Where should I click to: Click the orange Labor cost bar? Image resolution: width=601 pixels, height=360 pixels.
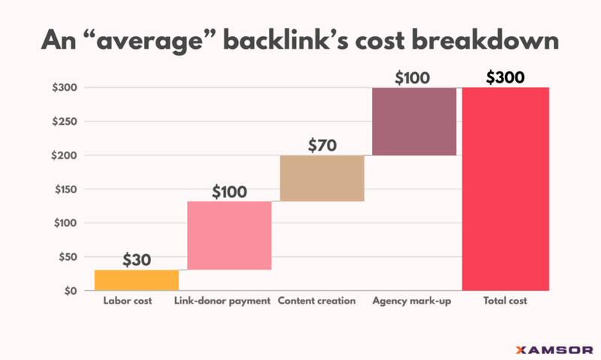point(137,280)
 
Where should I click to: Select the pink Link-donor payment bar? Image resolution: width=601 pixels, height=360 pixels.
point(229,235)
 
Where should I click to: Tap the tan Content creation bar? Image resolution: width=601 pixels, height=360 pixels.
point(322,178)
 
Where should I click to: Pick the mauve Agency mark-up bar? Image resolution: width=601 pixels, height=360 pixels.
point(414,121)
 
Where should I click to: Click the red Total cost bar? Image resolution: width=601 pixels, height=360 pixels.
point(506,189)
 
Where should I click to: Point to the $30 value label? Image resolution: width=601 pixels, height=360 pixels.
point(137,260)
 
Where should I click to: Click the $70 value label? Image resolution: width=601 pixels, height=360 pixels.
point(322,146)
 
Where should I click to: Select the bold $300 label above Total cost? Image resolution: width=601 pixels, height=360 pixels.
point(506,77)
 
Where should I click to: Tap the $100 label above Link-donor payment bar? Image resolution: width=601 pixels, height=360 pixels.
point(229,192)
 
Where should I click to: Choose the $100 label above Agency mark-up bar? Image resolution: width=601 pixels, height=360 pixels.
point(414,77)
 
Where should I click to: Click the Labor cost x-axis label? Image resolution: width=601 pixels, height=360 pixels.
point(127,301)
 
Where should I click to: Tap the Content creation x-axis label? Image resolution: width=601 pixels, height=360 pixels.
point(316,301)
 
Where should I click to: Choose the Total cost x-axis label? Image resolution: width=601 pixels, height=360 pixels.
point(506,301)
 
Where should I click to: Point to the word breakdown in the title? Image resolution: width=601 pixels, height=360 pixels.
point(489,39)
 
